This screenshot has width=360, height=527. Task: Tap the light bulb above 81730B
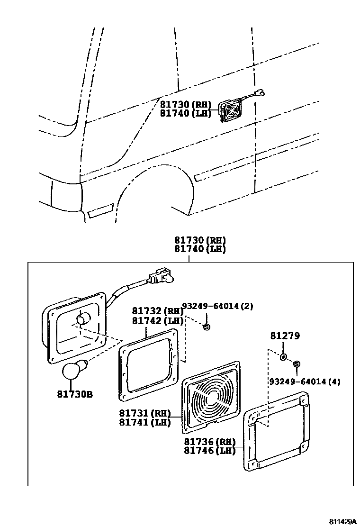point(73,369)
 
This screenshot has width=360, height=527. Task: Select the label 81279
point(285,336)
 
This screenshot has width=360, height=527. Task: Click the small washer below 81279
point(283,356)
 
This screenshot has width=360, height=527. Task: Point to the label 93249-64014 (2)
point(217,306)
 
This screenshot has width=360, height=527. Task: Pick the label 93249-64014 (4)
point(305,382)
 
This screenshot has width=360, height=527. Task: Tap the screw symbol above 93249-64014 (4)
point(297,363)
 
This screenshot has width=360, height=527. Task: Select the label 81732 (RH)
point(157,311)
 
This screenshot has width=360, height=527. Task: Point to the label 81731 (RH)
point(144,413)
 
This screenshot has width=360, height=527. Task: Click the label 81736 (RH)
point(209,441)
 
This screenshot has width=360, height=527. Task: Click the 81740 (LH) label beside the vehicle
point(185,113)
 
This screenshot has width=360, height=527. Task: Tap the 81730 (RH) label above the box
point(199,240)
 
